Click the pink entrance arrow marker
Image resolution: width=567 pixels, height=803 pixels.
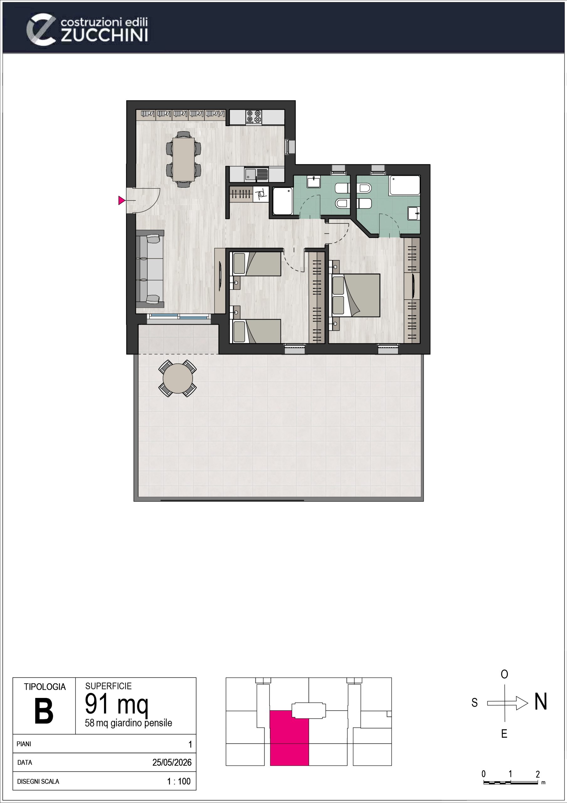121,200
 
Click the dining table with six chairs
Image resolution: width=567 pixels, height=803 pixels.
184,159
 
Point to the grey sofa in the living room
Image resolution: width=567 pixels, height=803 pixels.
150,269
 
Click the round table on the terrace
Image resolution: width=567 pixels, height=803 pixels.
178,378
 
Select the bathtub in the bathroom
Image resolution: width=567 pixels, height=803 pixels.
404,185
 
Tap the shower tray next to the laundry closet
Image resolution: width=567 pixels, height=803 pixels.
282,201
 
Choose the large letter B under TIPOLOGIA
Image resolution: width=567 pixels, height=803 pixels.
44,711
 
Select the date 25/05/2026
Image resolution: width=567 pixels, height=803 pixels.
172,763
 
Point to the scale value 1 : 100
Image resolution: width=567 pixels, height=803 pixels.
179,781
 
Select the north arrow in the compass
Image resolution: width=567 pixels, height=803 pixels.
507,703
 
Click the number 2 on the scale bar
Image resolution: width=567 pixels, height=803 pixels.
538,774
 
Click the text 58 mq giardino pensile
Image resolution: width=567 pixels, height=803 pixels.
128,723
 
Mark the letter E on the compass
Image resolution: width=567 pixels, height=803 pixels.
504,734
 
